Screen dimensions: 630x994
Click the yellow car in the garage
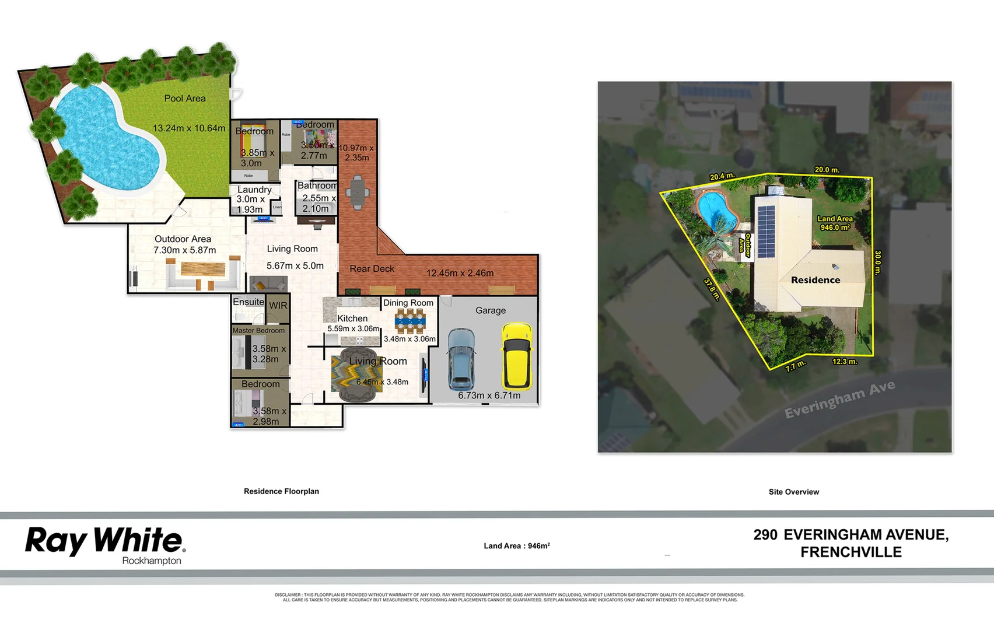(517, 356)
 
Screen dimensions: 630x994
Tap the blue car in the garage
(461, 359)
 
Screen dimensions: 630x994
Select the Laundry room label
(254, 190)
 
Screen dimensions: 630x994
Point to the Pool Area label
(185, 99)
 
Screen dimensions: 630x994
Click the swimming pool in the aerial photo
(716, 210)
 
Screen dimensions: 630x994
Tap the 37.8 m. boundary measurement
(712, 289)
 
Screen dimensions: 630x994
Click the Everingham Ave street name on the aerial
(839, 400)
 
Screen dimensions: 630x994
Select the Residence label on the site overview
(815, 280)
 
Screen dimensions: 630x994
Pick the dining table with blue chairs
(410, 320)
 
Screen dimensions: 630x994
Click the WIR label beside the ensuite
(278, 306)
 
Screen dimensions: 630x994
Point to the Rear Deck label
(372, 269)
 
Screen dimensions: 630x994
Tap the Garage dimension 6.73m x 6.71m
(489, 395)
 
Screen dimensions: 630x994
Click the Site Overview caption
(793, 492)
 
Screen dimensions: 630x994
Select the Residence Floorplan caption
(281, 491)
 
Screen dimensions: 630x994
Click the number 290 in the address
(765, 535)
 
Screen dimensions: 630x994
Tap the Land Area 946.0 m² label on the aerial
(835, 223)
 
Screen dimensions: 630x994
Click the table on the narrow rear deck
(357, 192)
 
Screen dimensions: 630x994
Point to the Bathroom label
(317, 185)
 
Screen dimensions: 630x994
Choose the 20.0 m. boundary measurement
(827, 170)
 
